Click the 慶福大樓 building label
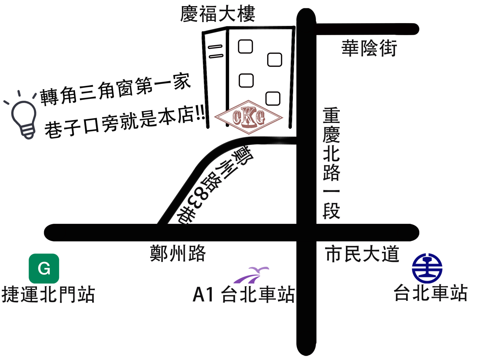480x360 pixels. (218, 14)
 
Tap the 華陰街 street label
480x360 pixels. (369, 48)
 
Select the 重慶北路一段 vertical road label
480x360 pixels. (331, 163)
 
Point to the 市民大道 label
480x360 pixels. (362, 254)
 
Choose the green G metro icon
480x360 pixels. (44, 268)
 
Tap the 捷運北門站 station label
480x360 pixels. (48, 294)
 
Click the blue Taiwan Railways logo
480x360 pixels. (427, 268)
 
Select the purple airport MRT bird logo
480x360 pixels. (252, 275)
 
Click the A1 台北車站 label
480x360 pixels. (244, 294)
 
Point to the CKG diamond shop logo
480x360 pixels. (249, 117)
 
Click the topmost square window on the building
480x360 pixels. (245, 46)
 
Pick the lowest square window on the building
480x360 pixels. (273, 98)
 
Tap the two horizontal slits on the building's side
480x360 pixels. (216, 52)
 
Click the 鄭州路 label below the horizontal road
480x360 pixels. (178, 253)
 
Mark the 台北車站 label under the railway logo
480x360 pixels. (431, 293)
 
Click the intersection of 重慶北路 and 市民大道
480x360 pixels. (306, 233)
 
